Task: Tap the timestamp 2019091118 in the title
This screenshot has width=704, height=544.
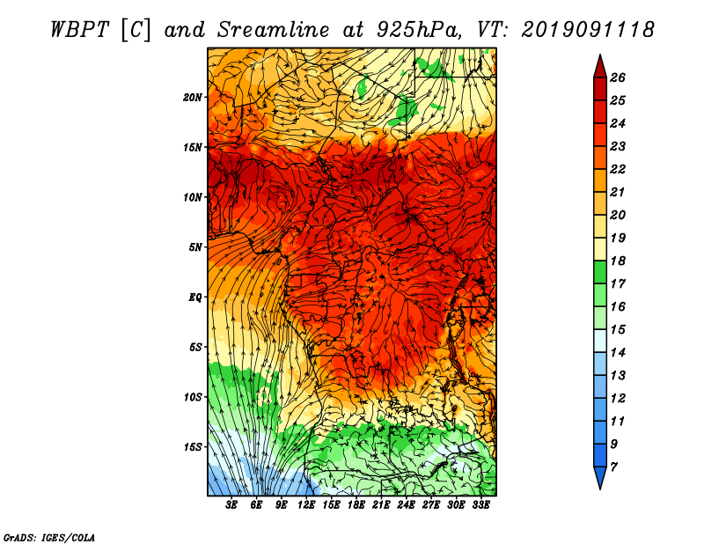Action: click(x=588, y=28)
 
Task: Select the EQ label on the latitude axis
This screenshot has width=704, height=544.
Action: click(x=196, y=297)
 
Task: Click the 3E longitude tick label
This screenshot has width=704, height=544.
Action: click(x=232, y=506)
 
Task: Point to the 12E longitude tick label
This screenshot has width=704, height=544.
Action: click(x=307, y=506)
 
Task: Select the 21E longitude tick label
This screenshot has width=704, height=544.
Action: click(x=381, y=506)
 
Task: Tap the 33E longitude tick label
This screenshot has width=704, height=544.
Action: click(x=480, y=506)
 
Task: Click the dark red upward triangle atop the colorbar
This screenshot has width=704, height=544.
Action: click(x=598, y=64)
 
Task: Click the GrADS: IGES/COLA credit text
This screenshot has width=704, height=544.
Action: click(x=48, y=536)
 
